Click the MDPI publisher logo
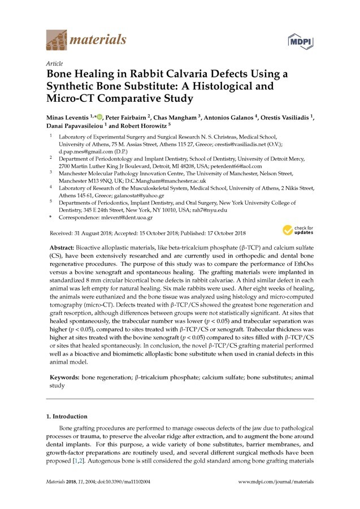[301, 42]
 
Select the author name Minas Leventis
[70, 117]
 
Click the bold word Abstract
[62, 248]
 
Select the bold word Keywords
[64, 376]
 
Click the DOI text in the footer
[122, 481]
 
